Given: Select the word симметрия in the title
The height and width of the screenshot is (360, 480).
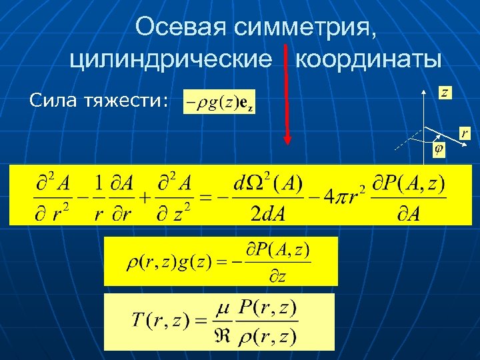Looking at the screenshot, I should click(306, 27).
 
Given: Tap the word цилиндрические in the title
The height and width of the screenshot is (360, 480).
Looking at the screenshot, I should click(171, 60).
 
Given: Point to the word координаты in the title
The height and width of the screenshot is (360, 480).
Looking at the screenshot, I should click(367, 60).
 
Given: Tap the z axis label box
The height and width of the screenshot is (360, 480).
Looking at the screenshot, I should click(444, 92).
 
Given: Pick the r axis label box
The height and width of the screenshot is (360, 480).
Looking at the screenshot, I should click(463, 133).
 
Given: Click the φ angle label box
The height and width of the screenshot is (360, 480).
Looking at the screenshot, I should click(439, 149).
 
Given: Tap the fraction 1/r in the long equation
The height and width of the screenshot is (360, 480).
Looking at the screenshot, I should click(99, 197).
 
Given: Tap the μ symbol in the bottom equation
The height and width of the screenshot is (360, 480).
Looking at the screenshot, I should click(223, 309).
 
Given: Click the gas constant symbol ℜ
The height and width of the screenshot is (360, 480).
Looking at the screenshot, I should click(223, 336).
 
